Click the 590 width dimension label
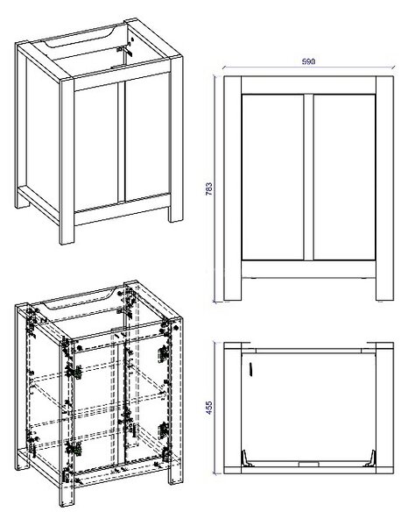coord(308,61)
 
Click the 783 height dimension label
coord(208,188)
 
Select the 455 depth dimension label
coord(208,408)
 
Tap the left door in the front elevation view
coord(272,177)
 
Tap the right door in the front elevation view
coord(344,177)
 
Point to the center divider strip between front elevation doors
coord(308,177)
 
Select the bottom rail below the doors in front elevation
coord(308,269)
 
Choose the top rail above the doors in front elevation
coord(308,85)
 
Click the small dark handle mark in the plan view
coord(250,369)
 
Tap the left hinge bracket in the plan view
coord(247,458)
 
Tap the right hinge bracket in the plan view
coord(370,458)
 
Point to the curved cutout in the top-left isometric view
coord(80,39)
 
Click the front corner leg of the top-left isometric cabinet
coord(67,161)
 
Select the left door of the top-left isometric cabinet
coord(96,146)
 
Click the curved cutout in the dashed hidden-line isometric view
coord(80,300)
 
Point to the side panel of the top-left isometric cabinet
coord(42,134)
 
